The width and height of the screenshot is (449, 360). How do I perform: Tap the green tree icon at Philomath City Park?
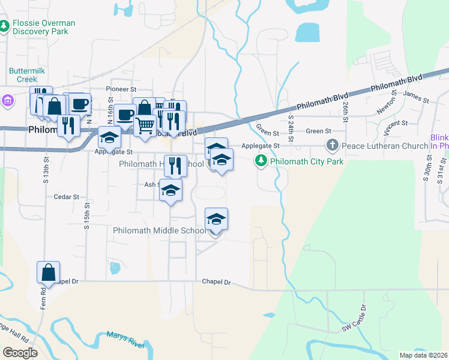[x=261, y=160]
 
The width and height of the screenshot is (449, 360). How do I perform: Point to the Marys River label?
[x=125, y=339]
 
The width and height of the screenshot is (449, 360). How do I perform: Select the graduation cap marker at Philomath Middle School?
[x=217, y=220]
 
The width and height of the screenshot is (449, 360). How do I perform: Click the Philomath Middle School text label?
[x=160, y=230]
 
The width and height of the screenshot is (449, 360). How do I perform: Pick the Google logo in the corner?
[x=20, y=353]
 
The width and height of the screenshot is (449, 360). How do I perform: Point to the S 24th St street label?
[x=291, y=128]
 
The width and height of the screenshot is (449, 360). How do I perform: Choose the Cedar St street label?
[x=66, y=196]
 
